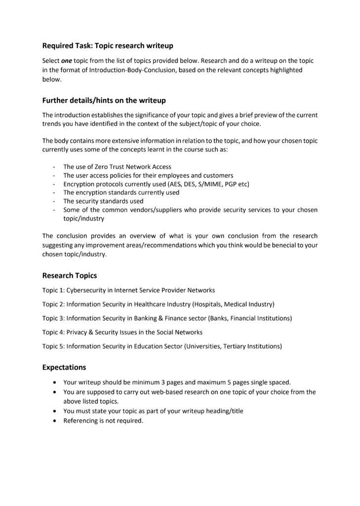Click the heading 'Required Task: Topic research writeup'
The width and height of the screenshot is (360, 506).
[x=108, y=46]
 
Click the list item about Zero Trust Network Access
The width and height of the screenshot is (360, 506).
[x=117, y=167]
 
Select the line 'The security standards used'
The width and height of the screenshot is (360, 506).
[x=103, y=201]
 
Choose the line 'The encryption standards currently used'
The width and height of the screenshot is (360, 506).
[x=121, y=193]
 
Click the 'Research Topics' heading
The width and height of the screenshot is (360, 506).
[x=69, y=276]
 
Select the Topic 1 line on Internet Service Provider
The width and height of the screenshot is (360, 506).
[x=128, y=291]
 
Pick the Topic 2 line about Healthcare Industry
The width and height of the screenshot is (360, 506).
[x=158, y=304]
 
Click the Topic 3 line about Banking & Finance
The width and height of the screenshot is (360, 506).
[x=167, y=318]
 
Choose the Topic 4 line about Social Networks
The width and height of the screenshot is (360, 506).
[x=122, y=332]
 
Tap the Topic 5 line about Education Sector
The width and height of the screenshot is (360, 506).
[x=162, y=346]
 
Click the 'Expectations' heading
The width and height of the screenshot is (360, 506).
[x=64, y=367]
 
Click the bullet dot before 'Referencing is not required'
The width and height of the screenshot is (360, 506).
[x=54, y=421]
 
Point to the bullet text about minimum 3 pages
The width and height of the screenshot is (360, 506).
[x=177, y=382]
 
